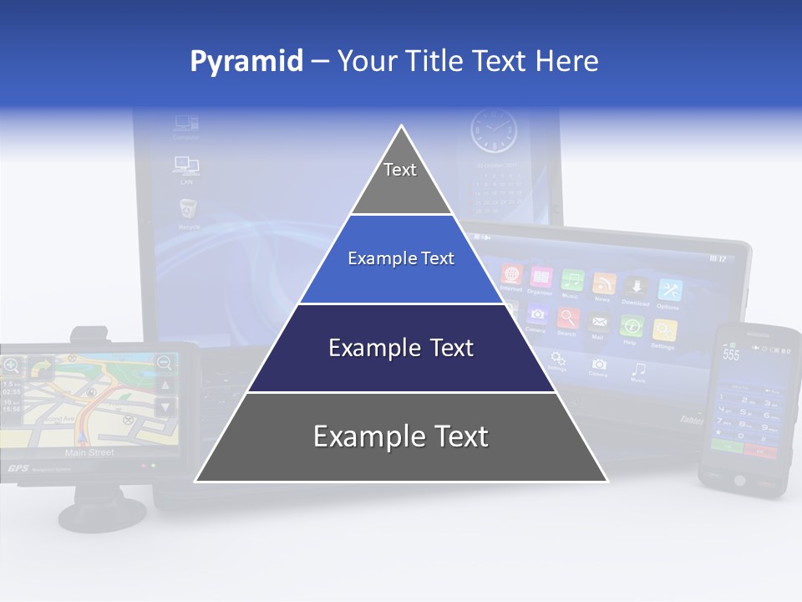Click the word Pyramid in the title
(x=246, y=62)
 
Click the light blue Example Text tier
(x=401, y=259)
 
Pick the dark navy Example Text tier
(x=401, y=348)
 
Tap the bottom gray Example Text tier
(x=401, y=437)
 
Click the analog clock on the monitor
(x=494, y=131)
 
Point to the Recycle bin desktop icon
(x=188, y=210)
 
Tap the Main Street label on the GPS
(x=89, y=452)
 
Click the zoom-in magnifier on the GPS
(x=11, y=365)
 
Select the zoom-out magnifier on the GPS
(x=165, y=362)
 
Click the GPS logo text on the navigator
(x=18, y=468)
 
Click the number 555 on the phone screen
(x=731, y=355)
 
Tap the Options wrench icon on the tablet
(x=669, y=289)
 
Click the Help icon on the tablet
(x=632, y=327)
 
